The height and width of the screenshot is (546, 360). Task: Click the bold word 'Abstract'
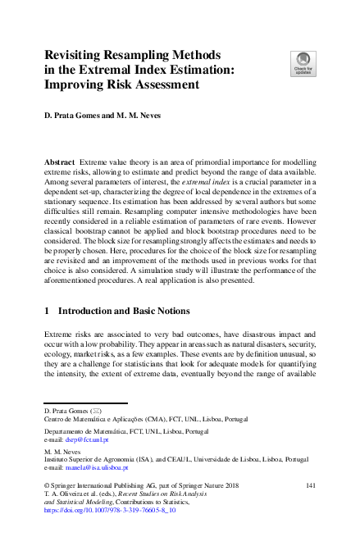coord(61,164)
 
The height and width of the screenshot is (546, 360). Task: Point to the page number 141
coord(309,486)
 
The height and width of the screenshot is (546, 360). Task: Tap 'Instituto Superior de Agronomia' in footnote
coord(90,459)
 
